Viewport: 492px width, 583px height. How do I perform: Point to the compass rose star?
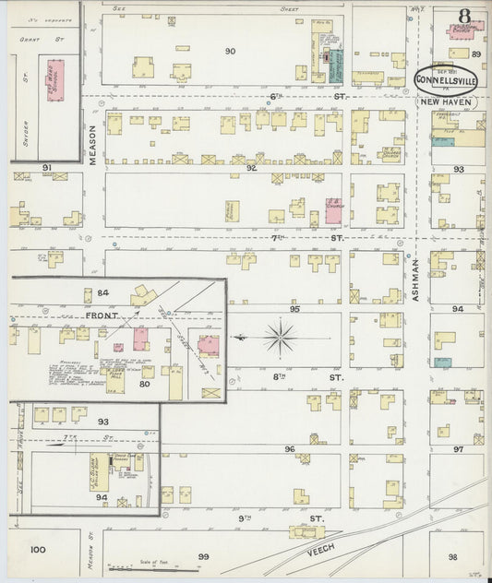[280, 338]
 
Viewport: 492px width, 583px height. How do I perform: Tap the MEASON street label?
[94, 146]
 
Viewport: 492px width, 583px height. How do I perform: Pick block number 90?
[230, 51]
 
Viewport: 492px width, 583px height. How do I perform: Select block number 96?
[290, 449]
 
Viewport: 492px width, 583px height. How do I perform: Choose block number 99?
[203, 556]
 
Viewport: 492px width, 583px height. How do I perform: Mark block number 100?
[37, 550]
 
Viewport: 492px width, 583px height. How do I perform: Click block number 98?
[452, 557]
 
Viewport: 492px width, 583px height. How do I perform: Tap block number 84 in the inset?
[103, 293]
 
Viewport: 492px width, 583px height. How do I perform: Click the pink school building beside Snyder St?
[55, 80]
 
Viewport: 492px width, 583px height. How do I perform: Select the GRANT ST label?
[38, 40]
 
